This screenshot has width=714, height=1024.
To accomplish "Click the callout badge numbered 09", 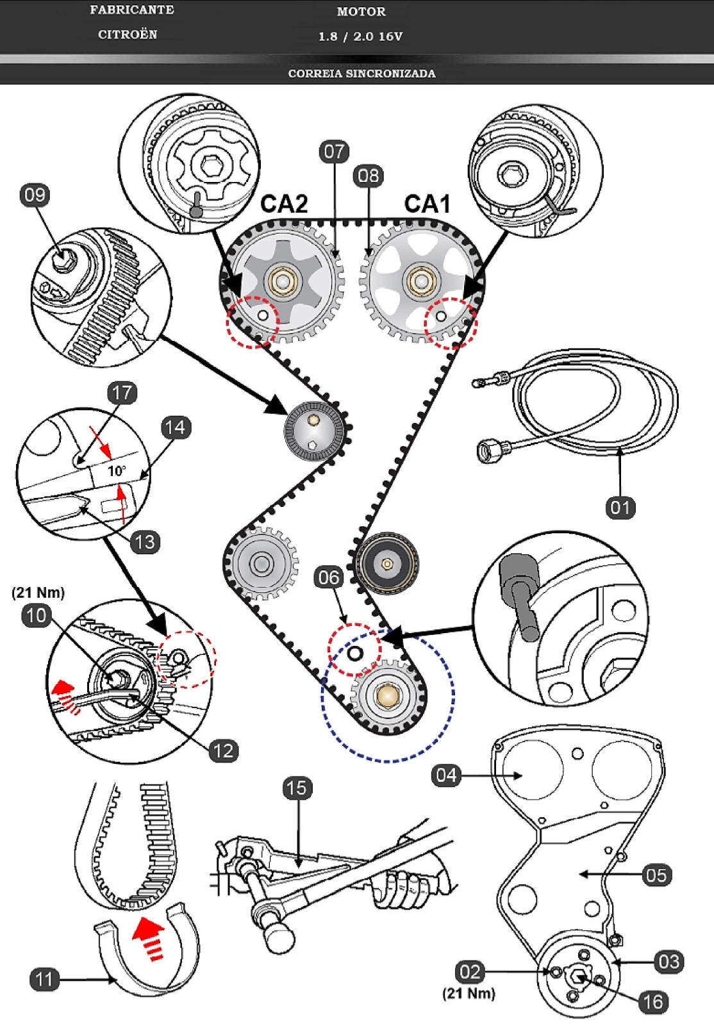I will point(35,195).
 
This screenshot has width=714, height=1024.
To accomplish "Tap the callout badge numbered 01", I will point(620,508).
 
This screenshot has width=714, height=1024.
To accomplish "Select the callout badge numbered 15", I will point(297,788).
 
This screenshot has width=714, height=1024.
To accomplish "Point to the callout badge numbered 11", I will point(44,979).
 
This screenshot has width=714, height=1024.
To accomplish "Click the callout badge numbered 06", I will point(328,577).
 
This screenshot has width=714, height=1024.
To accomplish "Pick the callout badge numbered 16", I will point(653,1002).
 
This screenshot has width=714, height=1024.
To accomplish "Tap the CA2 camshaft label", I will point(284,204).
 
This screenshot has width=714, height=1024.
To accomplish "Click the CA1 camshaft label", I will point(427,204).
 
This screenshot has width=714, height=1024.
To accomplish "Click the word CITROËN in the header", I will point(128,35).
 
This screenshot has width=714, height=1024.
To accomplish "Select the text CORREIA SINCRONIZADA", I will point(361,73).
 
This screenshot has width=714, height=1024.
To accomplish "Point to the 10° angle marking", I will point(117,471).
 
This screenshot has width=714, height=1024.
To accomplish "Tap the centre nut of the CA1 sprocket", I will point(420,281).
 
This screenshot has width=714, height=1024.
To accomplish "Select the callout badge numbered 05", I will point(656,875).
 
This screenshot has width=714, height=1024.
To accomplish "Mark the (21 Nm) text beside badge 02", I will point(469,993).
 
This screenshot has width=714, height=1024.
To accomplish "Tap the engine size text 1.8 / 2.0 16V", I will point(361,37).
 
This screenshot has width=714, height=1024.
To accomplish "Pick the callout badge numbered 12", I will point(223,750).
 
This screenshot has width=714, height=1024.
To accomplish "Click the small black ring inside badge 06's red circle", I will point(354,654).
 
